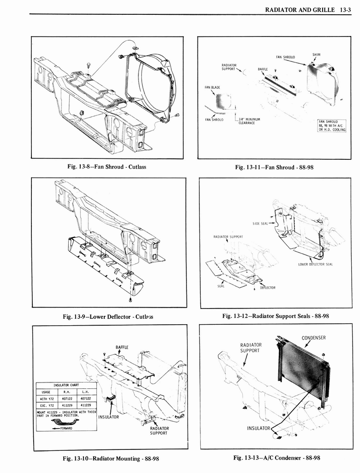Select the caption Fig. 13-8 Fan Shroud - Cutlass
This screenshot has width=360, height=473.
pos(107,167)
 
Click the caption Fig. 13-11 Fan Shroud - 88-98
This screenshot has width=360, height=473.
pos(274,167)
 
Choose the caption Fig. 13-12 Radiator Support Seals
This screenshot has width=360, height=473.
pos(275,316)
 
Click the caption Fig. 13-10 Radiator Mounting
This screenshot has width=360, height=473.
pos(110,458)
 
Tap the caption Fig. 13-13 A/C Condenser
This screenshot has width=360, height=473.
pos(276,458)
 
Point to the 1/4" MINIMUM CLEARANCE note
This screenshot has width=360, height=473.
pos(249,121)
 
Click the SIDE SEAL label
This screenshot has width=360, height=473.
pos(260,223)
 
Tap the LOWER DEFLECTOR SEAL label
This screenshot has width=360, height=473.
pos(315,264)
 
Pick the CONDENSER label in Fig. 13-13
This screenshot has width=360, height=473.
pos(313,338)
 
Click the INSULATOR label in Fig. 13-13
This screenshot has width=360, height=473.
pos(258,428)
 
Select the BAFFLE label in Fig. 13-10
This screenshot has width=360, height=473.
pos(122,347)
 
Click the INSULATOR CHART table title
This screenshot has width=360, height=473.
pos(66,385)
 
